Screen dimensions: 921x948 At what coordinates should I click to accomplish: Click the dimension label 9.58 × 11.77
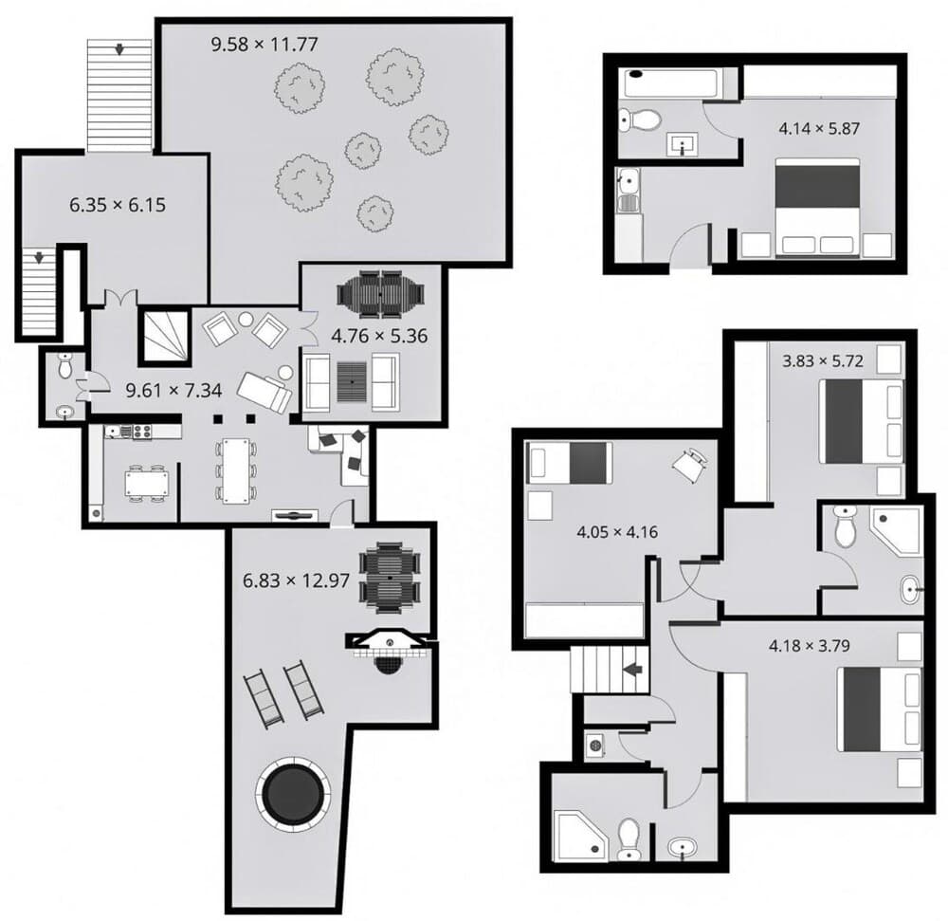click(263, 44)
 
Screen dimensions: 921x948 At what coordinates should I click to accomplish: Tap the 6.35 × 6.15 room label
click(118, 203)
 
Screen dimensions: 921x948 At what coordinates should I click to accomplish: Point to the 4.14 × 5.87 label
click(817, 128)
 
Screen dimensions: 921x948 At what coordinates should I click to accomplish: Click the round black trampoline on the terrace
click(294, 794)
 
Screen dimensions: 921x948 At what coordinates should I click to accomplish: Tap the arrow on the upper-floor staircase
click(630, 668)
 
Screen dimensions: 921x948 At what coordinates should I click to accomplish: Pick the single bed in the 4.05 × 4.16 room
click(570, 462)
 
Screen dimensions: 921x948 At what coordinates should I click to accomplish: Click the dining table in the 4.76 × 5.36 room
click(381, 295)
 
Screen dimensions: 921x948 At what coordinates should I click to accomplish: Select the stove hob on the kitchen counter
click(141, 433)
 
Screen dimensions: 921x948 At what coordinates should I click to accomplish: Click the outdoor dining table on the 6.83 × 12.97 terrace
click(391, 577)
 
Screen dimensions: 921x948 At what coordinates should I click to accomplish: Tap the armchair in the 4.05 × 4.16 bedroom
click(690, 463)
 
